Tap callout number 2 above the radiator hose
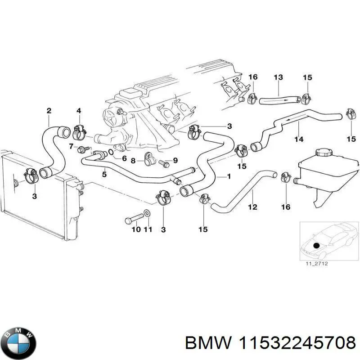pos(49,111)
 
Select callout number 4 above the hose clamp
pos(79,111)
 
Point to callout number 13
pos(278,78)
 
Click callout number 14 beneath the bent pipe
pos(298,140)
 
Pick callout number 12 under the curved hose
pos(252,207)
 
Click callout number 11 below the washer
pos(148,230)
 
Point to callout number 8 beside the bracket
pos(133,161)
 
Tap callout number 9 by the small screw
pos(175,160)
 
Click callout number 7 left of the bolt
pos(71,146)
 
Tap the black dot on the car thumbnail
pos(316,245)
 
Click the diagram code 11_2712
pos(317,264)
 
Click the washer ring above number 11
pos(148,213)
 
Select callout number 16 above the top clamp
pos(253,77)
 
